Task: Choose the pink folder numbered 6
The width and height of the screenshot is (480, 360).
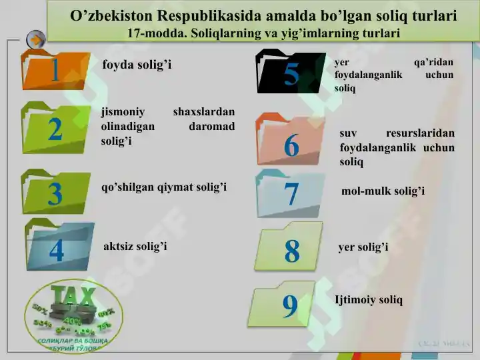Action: tap(291, 141)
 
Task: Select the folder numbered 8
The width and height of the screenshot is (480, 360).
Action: tap(292, 248)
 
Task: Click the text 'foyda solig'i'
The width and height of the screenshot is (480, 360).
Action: tap(137, 65)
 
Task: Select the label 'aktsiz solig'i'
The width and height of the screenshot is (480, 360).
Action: tap(135, 247)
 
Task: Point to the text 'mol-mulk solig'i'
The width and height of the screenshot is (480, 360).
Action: tap(383, 192)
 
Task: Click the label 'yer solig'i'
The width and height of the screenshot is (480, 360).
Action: tap(363, 247)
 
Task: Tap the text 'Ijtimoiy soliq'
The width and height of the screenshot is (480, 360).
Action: tap(369, 300)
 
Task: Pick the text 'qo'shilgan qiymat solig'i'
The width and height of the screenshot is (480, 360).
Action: tap(164, 187)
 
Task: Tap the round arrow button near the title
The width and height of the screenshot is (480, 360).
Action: tap(35, 39)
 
